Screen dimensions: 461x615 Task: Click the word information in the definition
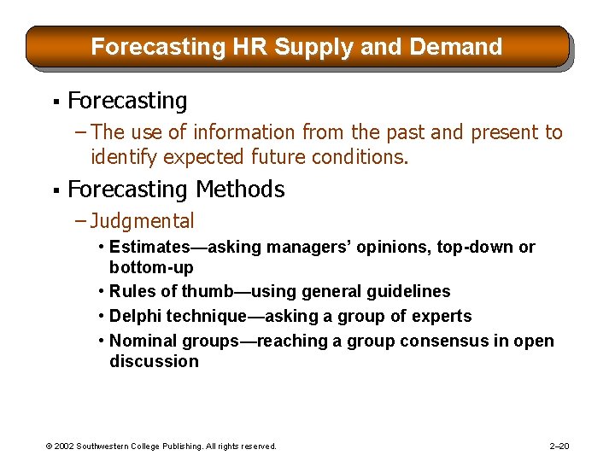(x=240, y=132)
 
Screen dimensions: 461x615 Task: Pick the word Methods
(x=240, y=189)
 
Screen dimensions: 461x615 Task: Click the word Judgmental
(x=142, y=221)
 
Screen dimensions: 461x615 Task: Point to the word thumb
(x=215, y=291)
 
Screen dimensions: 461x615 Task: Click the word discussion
(x=154, y=361)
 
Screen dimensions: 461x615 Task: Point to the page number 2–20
(x=560, y=446)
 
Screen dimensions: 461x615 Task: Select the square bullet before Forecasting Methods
(x=55, y=190)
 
